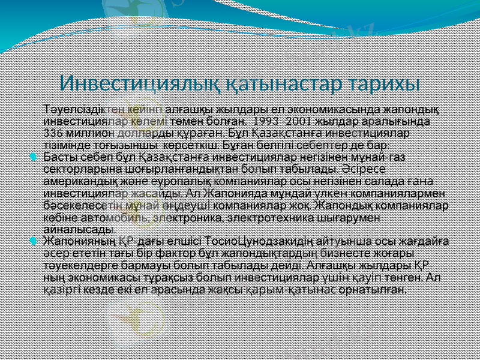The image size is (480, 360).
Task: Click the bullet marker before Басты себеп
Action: pos(34,157)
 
